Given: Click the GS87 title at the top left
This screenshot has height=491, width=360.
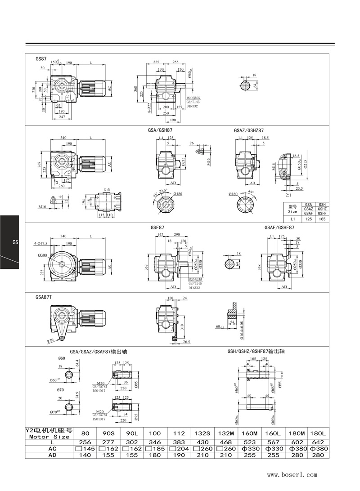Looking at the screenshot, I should coord(41,59).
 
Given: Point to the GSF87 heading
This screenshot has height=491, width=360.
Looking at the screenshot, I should coord(157,228).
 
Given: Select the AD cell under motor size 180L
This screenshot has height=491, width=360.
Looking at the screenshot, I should coord(318,455).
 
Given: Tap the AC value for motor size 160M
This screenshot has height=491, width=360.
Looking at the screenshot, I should coord(249,449).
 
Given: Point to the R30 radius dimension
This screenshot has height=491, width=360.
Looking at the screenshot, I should coord(52,341).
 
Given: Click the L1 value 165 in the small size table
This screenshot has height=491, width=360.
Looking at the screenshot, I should coord(322,219).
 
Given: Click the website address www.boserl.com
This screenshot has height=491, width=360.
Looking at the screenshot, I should coord(292,474).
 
